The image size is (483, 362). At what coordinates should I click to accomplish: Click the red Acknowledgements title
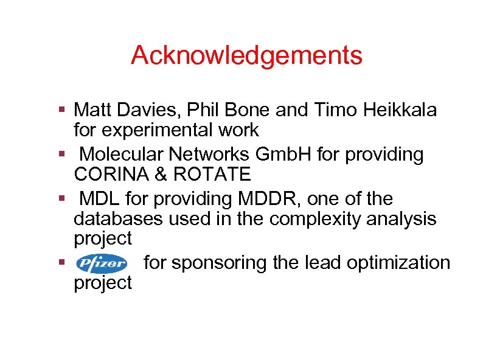click(246, 55)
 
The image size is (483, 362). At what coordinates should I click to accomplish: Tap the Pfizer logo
click(102, 263)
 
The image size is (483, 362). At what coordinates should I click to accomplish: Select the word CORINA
click(109, 175)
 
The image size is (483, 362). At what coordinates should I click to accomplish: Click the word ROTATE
click(212, 175)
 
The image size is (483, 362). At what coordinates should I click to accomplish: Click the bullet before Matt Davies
click(62, 110)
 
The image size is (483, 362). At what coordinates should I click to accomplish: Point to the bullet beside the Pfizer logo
click(62, 263)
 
